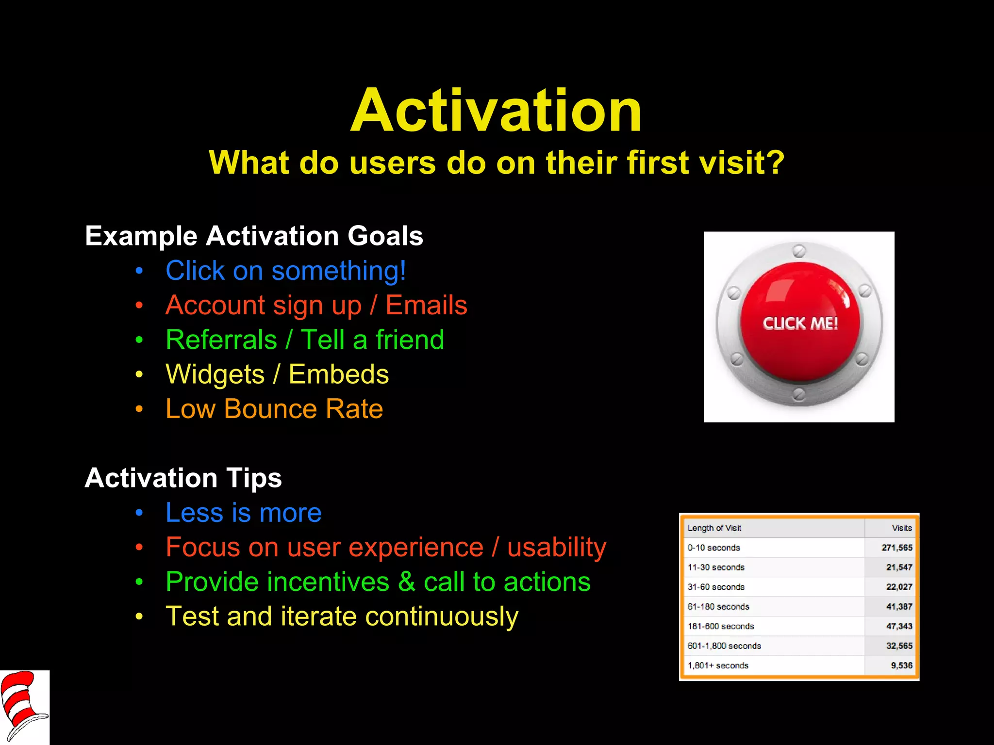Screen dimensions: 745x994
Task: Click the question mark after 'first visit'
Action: click(775, 163)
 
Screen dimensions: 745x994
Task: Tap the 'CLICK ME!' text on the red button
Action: click(800, 324)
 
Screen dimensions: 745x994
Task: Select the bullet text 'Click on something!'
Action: click(285, 271)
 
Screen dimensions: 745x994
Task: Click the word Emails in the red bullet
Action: click(426, 306)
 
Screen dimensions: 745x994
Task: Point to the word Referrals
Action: click(221, 340)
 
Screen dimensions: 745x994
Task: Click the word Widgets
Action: click(215, 374)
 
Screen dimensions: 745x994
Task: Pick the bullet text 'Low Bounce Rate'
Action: click(274, 409)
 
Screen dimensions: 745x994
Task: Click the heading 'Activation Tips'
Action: click(183, 478)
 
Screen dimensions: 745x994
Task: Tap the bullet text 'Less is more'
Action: click(243, 513)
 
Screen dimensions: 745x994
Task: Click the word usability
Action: click(557, 548)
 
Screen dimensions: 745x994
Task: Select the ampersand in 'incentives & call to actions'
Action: click(407, 582)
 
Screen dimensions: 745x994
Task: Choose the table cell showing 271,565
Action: click(896, 548)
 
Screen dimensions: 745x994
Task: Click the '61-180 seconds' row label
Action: click(718, 607)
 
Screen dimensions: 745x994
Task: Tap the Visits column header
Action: click(901, 528)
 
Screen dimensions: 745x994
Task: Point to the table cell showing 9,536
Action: click(901, 665)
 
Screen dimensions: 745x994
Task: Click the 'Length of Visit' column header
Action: click(714, 528)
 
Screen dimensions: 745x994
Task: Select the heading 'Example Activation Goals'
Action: click(254, 236)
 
